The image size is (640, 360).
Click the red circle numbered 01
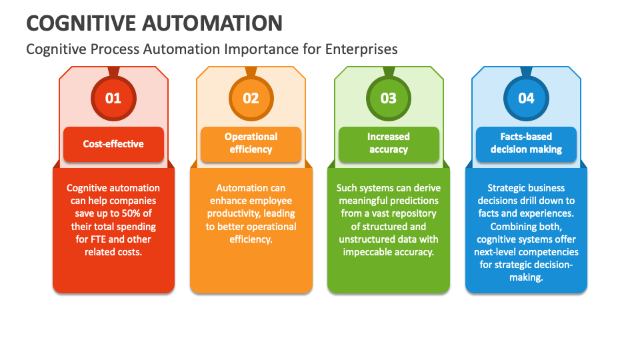pyautogui.click(x=113, y=99)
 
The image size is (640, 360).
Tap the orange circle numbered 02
pyautogui.click(x=251, y=99)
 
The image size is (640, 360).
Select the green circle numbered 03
pyautogui.click(x=389, y=99)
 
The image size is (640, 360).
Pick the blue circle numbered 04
pyautogui.click(x=526, y=99)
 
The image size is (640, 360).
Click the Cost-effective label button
pyautogui.click(x=113, y=144)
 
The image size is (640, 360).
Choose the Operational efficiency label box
pyautogui.click(x=251, y=144)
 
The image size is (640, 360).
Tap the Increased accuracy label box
pyautogui.click(x=389, y=144)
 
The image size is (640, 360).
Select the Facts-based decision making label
pyautogui.click(x=526, y=144)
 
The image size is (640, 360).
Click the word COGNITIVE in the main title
pyautogui.click(x=81, y=23)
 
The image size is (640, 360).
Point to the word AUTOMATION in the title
pyautogui.click(x=212, y=23)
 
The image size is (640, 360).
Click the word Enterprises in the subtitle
pyautogui.click(x=361, y=49)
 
